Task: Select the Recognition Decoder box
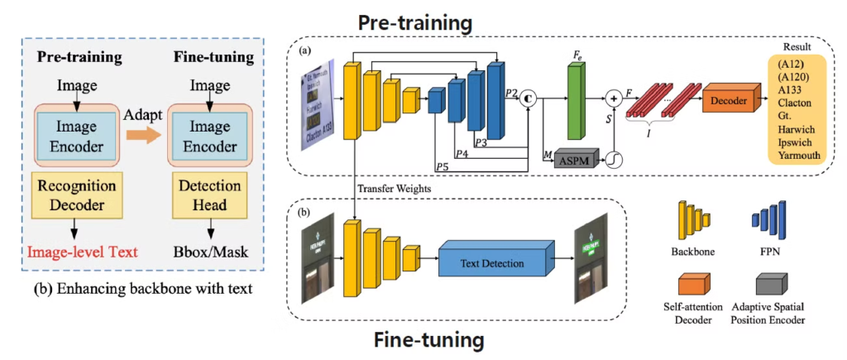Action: (x=76, y=194)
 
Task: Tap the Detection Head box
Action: (x=208, y=194)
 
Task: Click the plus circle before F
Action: (x=613, y=98)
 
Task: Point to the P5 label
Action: (x=443, y=165)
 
